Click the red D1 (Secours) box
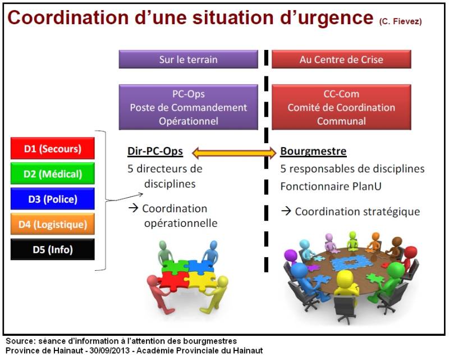tap(53, 149)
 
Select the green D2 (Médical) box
tap(53, 174)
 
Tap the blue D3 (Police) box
tap(53, 198)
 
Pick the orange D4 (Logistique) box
tap(53, 224)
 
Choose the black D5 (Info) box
tap(53, 249)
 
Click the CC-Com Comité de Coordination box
tap(341, 107)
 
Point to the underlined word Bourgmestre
tap(313, 152)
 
